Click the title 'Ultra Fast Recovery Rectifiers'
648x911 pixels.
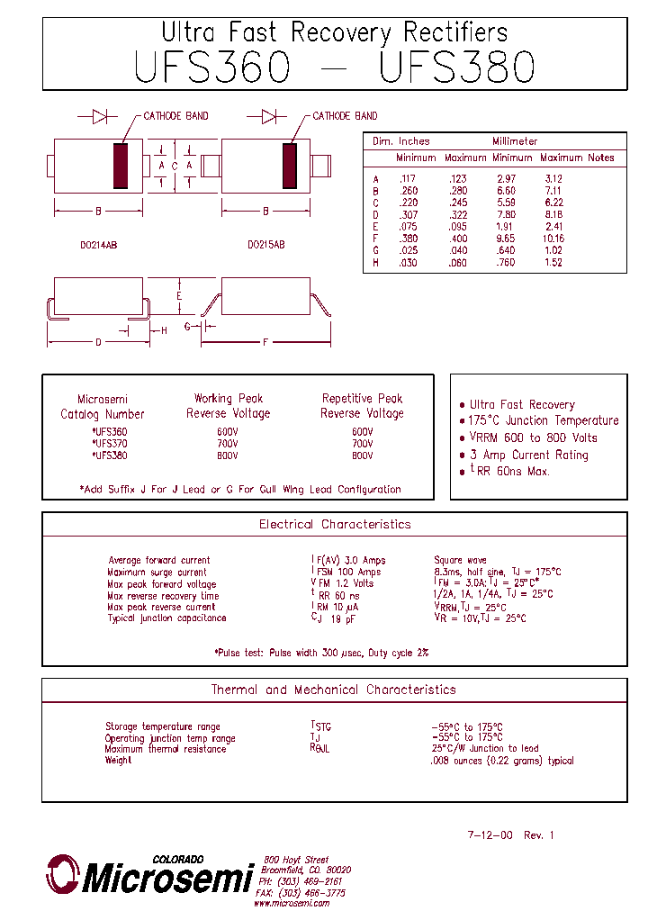(334, 33)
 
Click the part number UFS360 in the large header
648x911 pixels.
(212, 68)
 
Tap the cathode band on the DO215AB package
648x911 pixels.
(289, 166)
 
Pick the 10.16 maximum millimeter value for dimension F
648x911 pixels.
(553, 239)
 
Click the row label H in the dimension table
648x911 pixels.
(375, 263)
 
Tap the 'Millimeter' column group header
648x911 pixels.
(515, 141)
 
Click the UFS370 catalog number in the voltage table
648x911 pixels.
(111, 444)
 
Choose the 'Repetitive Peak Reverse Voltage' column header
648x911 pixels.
(362, 406)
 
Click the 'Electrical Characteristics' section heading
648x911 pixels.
(335, 524)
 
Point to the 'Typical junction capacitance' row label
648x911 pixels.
(167, 618)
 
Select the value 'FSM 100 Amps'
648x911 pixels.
(347, 572)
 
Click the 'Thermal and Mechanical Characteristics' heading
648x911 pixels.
(334, 690)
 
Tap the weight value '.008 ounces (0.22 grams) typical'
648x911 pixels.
(502, 761)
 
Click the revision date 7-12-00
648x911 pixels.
(490, 835)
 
